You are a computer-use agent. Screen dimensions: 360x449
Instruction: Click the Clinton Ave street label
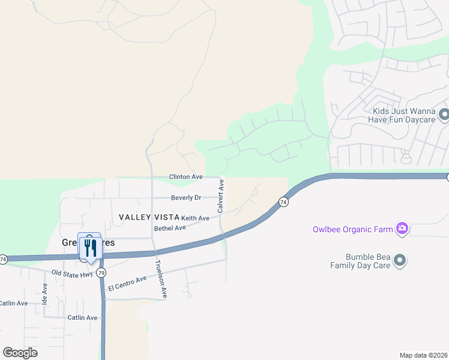[x=185, y=177]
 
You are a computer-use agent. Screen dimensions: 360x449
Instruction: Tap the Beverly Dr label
[x=185, y=197]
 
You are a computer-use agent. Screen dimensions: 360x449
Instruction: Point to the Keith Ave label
[x=195, y=218]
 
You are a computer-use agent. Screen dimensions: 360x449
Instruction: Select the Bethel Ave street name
[x=170, y=228]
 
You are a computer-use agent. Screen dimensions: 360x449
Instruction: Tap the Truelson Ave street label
[x=160, y=279]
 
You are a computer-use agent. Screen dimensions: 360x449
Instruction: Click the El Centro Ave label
[x=127, y=284]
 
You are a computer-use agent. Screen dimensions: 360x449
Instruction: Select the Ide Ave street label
[x=44, y=293]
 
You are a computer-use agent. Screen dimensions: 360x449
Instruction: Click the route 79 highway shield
[x=101, y=273]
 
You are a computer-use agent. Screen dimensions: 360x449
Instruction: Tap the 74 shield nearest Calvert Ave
[x=283, y=203]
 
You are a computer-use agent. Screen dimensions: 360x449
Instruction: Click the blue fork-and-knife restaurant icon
[x=90, y=247]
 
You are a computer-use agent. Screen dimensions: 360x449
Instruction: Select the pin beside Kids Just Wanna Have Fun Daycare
[x=444, y=114]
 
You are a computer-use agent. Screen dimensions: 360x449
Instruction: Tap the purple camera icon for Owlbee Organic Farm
[x=402, y=228]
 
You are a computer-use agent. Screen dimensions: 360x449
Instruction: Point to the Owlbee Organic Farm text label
[x=352, y=229]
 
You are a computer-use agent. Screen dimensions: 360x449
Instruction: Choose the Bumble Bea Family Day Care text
[x=361, y=260]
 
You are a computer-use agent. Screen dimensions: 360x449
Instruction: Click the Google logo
[x=20, y=352]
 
